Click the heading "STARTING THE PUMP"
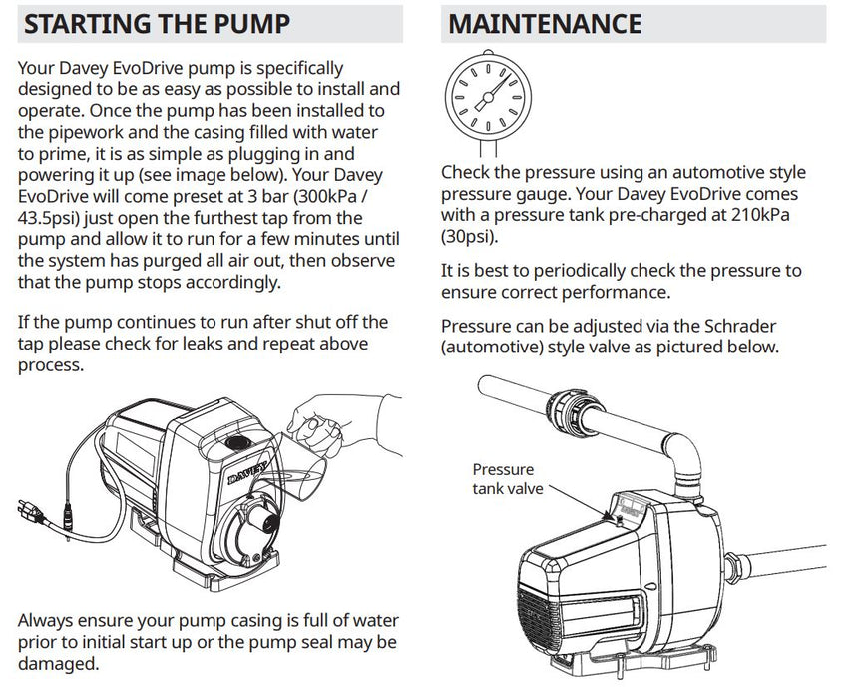pos(157,24)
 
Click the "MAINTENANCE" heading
pos(545,24)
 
